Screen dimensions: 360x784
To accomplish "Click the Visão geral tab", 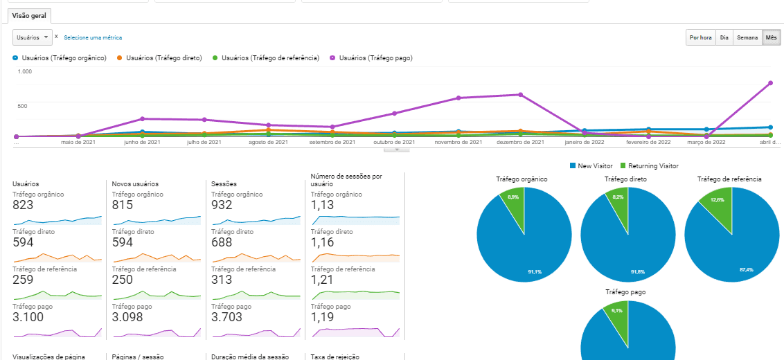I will click(29, 15).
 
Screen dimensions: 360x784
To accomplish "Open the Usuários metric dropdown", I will click(33, 37).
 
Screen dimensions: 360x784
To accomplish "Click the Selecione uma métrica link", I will click(93, 37).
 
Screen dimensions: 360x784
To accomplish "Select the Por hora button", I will click(700, 38).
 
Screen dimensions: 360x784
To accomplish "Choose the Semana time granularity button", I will click(747, 38).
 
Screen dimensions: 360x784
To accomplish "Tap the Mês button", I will click(771, 38).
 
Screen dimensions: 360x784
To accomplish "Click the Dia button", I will click(724, 38).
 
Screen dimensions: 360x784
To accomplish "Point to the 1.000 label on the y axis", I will click(25, 71).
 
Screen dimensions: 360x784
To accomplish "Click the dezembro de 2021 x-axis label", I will click(520, 142).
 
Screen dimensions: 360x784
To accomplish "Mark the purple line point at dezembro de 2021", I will click(520, 95).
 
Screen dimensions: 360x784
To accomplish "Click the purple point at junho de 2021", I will click(142, 119).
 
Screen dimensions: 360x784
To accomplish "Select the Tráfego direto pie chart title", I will click(626, 179).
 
